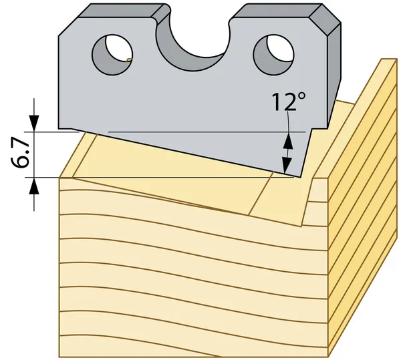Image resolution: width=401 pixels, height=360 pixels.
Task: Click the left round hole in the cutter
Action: (112, 54)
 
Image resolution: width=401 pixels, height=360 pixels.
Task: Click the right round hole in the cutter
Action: (273, 55)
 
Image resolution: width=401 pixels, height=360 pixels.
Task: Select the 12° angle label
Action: (289, 102)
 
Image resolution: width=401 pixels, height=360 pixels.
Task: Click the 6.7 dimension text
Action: (20, 154)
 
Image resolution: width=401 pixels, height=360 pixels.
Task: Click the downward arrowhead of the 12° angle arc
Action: (287, 166)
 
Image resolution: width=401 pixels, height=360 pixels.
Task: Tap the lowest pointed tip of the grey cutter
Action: (300, 177)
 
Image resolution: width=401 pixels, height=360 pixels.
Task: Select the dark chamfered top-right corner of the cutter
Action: (325, 20)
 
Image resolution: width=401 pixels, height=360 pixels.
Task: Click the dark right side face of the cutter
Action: (334, 76)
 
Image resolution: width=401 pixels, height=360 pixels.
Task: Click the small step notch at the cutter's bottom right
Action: (319, 128)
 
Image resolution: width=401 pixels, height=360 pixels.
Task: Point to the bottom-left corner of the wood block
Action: (59, 357)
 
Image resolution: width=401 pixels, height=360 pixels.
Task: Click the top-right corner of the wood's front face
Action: (327, 178)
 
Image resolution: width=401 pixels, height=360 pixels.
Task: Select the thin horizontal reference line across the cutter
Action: (207, 132)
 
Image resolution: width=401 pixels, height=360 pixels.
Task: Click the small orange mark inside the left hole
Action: (130, 60)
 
